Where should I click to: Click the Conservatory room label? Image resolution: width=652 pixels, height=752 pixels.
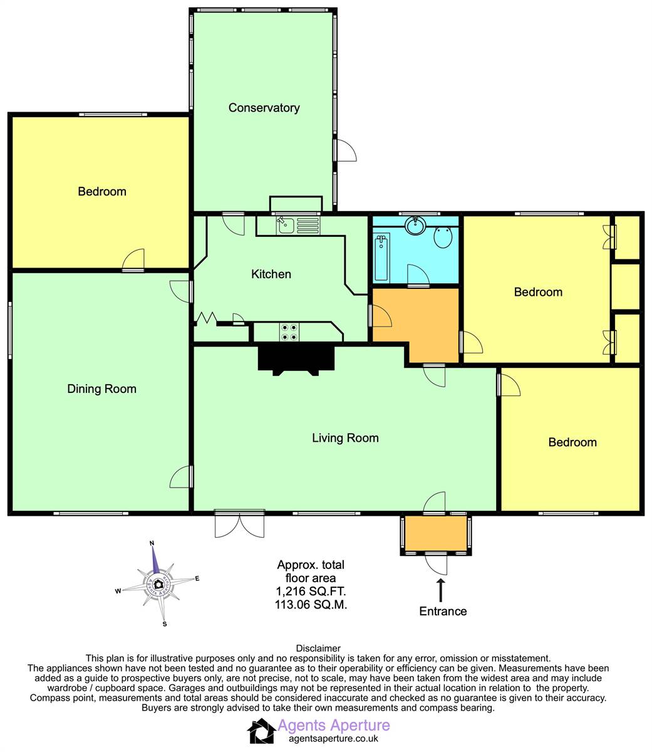[264, 108]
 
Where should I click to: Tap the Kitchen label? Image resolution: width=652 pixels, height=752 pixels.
[271, 274]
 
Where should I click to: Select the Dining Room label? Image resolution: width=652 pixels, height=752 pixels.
[101, 389]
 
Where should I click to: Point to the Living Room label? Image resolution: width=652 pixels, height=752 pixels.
[345, 438]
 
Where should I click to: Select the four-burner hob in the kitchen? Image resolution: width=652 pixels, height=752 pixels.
[289, 332]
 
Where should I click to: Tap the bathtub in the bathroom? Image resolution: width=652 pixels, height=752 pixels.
[381, 258]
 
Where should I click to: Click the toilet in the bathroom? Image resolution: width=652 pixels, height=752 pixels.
[443, 237]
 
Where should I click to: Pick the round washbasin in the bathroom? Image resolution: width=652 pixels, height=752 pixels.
[415, 225]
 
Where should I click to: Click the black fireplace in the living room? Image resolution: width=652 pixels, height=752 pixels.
[296, 360]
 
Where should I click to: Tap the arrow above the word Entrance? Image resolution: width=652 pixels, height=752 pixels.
[440, 591]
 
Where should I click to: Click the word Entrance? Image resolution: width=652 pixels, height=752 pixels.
[443, 611]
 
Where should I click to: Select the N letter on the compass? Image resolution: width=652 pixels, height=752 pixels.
[152, 543]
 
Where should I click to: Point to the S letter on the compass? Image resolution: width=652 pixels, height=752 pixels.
[165, 624]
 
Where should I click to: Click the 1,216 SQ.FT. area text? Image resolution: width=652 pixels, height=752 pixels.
[311, 591]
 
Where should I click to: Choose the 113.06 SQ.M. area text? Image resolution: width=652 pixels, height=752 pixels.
[311, 604]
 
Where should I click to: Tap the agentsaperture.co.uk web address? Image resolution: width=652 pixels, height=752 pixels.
[333, 738]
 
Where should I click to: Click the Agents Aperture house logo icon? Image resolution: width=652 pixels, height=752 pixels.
[261, 731]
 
